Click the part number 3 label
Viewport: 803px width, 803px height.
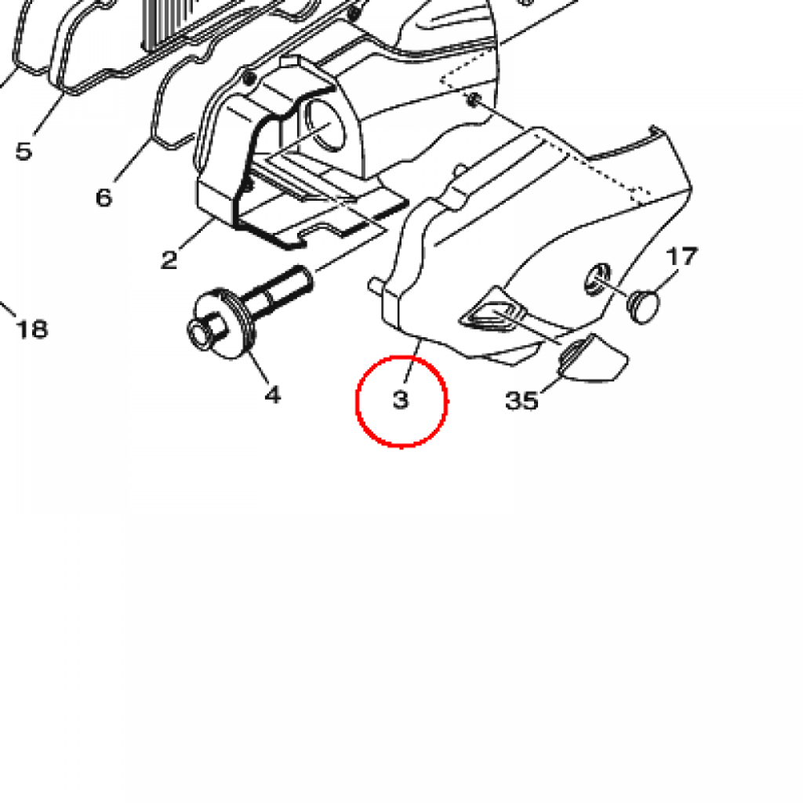point(401,399)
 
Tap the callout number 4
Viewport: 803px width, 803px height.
point(273,395)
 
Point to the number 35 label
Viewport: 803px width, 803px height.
point(521,401)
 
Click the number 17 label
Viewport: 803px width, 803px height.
point(681,256)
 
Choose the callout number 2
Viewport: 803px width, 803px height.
point(169,260)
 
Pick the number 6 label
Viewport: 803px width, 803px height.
point(104,198)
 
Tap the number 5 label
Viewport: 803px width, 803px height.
point(24,151)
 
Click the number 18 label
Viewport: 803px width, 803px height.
point(32,329)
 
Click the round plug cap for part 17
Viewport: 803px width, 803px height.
point(643,307)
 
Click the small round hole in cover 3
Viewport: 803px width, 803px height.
point(597,279)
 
